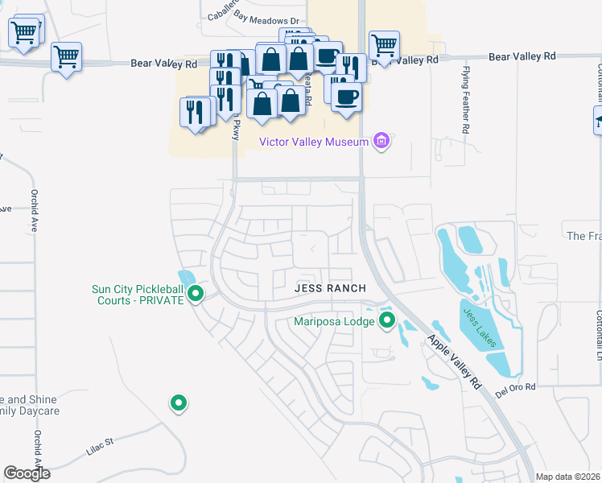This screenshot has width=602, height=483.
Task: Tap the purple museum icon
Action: [x=382, y=142]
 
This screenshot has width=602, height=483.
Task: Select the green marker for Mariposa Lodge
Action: [x=387, y=322]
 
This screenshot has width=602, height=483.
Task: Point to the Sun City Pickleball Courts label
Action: [x=137, y=295]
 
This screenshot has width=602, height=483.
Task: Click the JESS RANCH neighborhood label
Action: [x=330, y=288]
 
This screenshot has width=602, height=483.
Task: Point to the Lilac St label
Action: [x=101, y=446]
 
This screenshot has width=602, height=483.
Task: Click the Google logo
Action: [x=27, y=473]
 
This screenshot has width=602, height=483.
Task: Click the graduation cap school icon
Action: [x=598, y=121]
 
